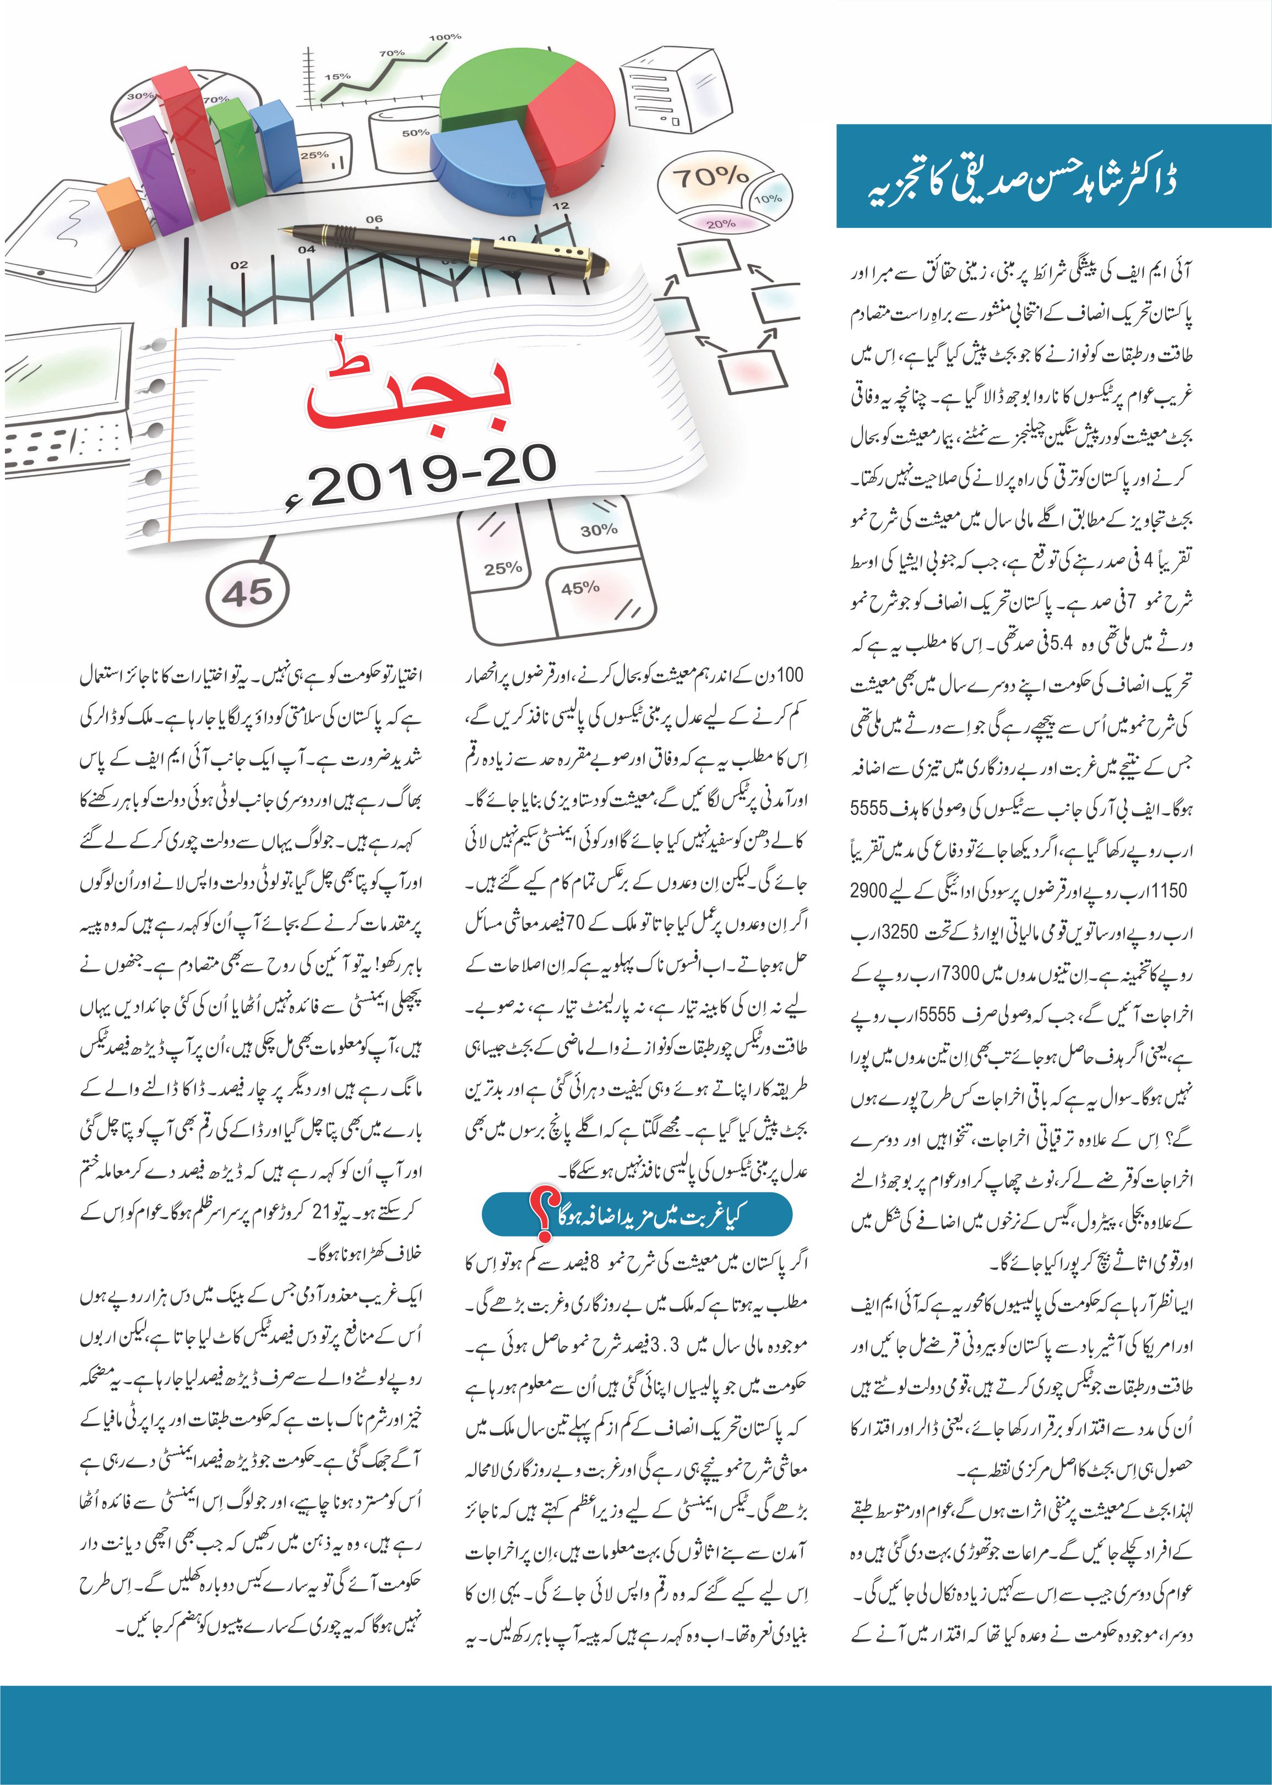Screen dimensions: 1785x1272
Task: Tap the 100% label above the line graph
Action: pos(445,37)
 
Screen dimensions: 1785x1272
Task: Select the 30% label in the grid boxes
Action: pos(599,530)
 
